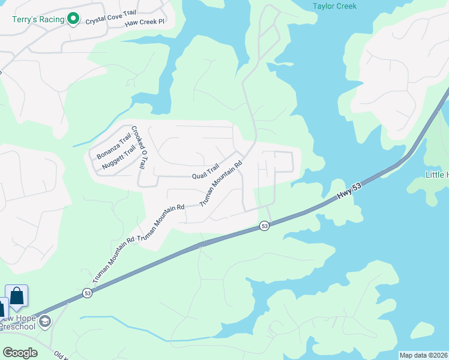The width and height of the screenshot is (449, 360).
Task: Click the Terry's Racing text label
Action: pyautogui.click(x=38, y=19)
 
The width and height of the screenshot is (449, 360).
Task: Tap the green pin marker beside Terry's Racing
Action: pyautogui.click(x=73, y=19)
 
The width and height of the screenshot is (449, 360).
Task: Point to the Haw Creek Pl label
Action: pyautogui.click(x=145, y=23)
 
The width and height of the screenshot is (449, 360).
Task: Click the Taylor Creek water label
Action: pyautogui.click(x=334, y=6)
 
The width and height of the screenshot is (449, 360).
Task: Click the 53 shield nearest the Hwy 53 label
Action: pyautogui.click(x=264, y=226)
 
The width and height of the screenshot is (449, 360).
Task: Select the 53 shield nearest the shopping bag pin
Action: pyautogui.click(x=87, y=293)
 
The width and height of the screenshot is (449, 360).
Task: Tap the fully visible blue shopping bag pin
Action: pyautogui.click(x=17, y=296)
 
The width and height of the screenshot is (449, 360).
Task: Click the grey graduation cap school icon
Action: pyautogui.click(x=44, y=322)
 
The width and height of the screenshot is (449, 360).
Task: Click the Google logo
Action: pyautogui.click(x=20, y=352)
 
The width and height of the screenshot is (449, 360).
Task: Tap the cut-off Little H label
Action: pyautogui.click(x=436, y=175)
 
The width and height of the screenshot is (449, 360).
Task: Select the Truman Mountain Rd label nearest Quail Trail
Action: pyautogui.click(x=221, y=183)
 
